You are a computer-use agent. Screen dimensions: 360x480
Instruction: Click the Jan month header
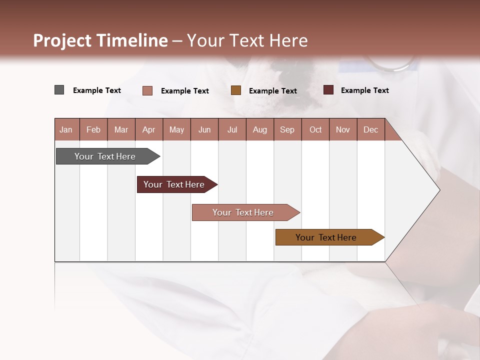[66, 129]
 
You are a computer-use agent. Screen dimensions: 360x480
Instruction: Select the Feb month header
[93, 129]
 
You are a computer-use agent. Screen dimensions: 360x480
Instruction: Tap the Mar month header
[121, 129]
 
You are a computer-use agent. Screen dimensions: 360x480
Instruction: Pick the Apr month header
[149, 129]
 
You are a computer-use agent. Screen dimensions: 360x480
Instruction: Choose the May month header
[176, 129]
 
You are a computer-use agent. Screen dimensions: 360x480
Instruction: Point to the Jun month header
[204, 129]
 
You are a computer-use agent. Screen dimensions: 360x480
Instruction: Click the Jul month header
[232, 129]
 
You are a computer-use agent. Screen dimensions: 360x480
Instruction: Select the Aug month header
[260, 129]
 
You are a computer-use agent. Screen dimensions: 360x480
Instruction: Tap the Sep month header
[287, 129]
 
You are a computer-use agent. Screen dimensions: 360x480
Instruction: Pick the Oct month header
[315, 129]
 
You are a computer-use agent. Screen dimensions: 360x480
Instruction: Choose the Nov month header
[343, 129]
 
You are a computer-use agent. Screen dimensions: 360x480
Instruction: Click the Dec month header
[371, 129]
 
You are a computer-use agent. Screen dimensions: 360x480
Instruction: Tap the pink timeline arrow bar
[243, 212]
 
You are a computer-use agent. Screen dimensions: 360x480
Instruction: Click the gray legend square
[59, 90]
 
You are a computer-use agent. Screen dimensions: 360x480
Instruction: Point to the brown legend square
[236, 90]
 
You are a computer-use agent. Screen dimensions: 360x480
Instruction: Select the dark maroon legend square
[328, 90]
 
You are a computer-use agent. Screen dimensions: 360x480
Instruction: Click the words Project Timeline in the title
[100, 40]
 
